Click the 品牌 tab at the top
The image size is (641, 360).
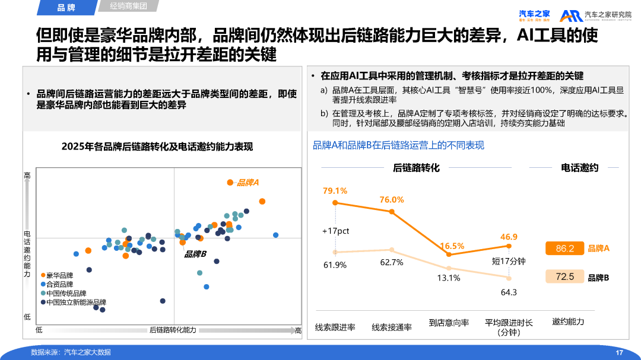tap(66, 7)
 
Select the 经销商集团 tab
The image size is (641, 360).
tap(128, 6)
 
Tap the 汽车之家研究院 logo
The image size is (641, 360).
tap(596, 16)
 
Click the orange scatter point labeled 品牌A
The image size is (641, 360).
tap(230, 182)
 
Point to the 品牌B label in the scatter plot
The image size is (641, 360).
tap(195, 254)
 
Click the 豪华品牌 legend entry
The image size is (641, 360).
tap(57, 275)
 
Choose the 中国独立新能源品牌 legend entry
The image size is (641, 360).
tap(74, 302)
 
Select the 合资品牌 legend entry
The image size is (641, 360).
tap(57, 285)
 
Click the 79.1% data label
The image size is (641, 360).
tap(335, 191)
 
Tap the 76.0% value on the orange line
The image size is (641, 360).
tap(392, 200)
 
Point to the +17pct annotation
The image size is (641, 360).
tap(335, 231)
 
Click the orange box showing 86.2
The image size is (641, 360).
tap(564, 249)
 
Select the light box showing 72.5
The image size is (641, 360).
tap(564, 276)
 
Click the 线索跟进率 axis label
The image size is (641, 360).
tap(335, 327)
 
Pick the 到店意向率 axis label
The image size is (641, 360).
tap(449, 323)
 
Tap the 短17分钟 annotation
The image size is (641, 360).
tap(509, 261)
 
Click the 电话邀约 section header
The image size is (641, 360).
tap(580, 167)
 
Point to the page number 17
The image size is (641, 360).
tap(619, 353)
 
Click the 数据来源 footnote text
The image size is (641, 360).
tap(71, 352)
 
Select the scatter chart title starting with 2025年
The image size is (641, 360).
tap(157, 146)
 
